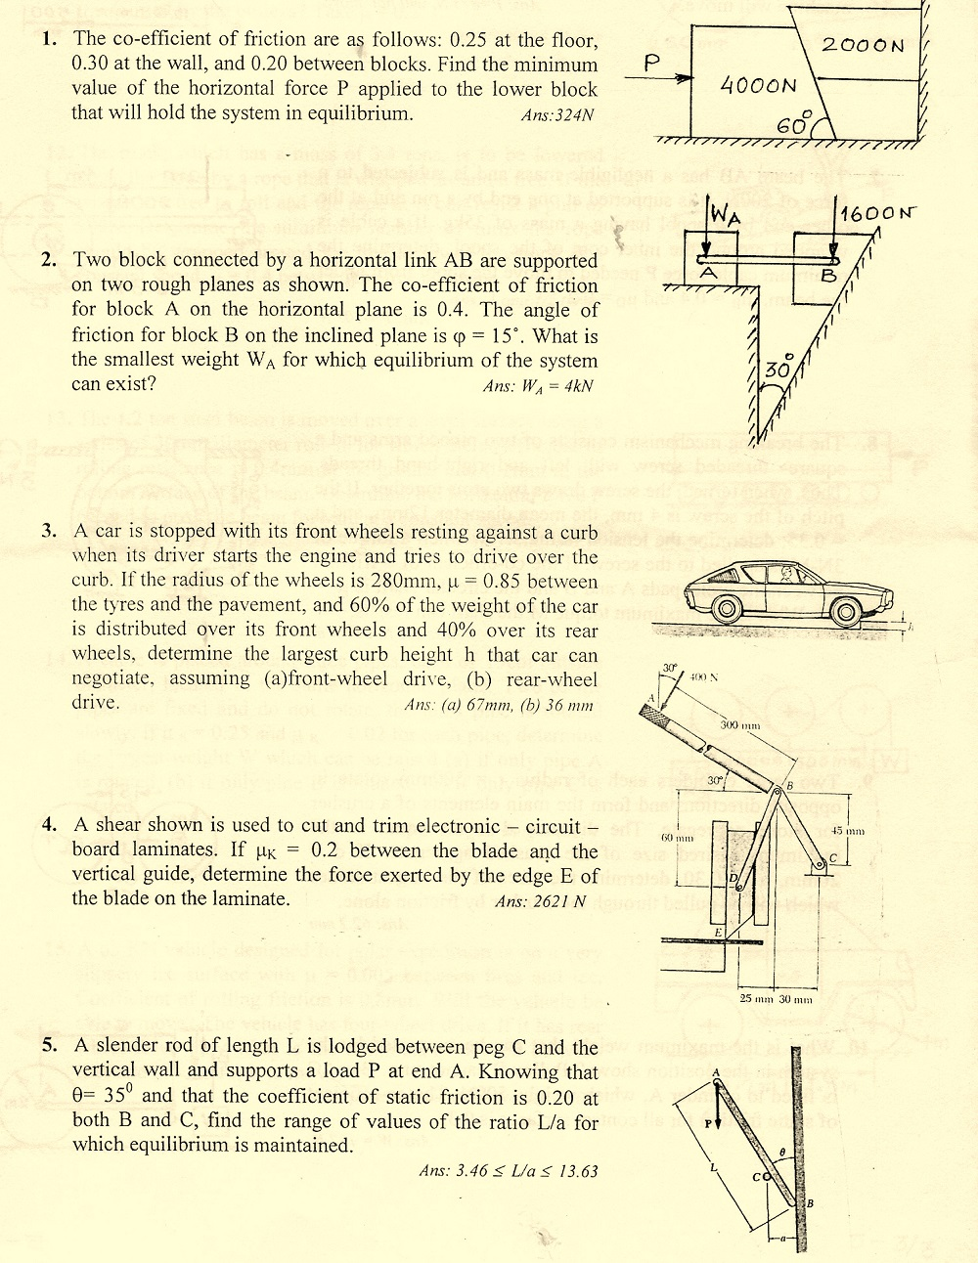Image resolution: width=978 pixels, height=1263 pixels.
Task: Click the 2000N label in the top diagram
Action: point(864,45)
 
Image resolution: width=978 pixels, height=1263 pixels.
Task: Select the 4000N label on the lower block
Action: point(758,86)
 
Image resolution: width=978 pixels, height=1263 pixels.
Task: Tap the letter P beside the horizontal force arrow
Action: point(652,63)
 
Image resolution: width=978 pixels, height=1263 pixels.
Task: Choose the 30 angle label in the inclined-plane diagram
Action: point(778,370)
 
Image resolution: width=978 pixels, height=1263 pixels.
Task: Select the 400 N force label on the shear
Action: point(703,676)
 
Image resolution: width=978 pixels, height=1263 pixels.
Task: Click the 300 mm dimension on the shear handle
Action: point(739,725)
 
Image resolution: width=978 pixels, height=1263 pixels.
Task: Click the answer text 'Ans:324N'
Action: point(556,115)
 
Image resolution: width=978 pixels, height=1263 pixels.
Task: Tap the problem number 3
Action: point(49,531)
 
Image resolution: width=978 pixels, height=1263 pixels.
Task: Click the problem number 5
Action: point(49,1045)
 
